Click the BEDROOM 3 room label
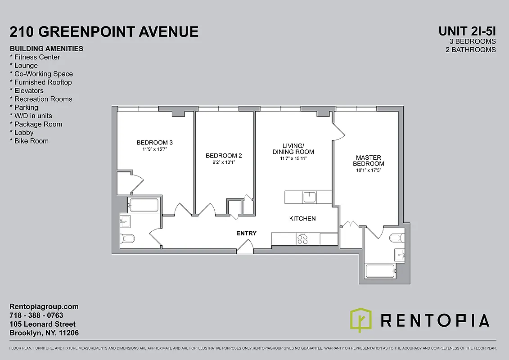[154, 143]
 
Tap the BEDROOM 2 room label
[224, 156]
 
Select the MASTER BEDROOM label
[368, 161]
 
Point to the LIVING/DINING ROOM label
[293, 148]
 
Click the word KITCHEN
[302, 219]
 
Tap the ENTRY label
[246, 233]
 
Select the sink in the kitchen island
[310, 197]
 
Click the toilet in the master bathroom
[397, 238]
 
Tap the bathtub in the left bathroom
[144, 205]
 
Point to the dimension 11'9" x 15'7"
[154, 149]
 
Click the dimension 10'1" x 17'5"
[368, 171]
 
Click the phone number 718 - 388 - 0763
[36, 315]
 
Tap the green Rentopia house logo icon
[361, 320]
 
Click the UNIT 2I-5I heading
[467, 31]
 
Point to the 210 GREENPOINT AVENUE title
[104, 31]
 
